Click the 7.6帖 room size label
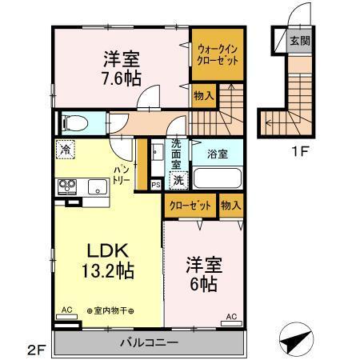pos(122,78)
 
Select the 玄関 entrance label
pos(298,41)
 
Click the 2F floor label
pos(34,349)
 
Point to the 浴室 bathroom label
pos(216,152)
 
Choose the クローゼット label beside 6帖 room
pos(190,206)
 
